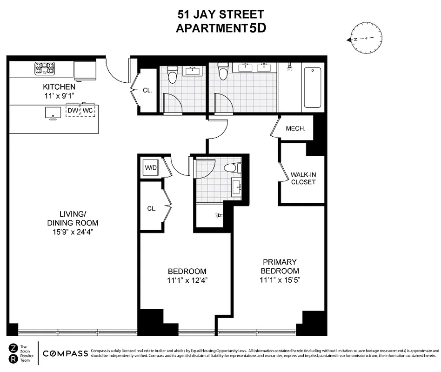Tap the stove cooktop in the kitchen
pyautogui.click(x=44, y=68)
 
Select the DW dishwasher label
pyautogui.click(x=73, y=111)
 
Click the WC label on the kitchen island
pyautogui.click(x=88, y=111)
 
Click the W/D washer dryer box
pyautogui.click(x=151, y=167)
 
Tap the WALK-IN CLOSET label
pyautogui.click(x=303, y=178)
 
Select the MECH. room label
pyautogui.click(x=295, y=128)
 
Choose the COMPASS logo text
pyautogui.click(x=65, y=353)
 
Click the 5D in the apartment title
pyautogui.click(x=258, y=27)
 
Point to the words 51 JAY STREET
pyautogui.click(x=220, y=14)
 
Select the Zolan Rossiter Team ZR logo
pyautogui.click(x=13, y=353)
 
